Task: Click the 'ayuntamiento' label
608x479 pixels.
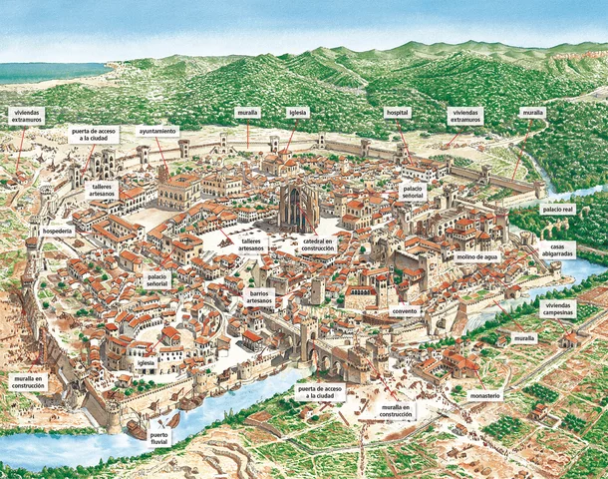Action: pos(158,131)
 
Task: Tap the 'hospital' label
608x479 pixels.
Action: pos(396,113)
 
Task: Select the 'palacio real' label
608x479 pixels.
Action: pos(559,210)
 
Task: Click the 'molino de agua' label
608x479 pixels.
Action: pos(477,256)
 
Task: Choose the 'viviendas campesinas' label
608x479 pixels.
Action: pos(559,308)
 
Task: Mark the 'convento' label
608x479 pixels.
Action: pos(406,311)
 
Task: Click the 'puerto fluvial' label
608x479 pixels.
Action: pos(159,438)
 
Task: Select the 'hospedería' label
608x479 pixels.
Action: pos(57,230)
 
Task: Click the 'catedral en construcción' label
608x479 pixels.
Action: pos(318,244)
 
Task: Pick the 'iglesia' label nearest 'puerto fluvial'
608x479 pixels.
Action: pos(146,365)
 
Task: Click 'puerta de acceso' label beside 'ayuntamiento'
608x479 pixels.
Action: pos(94,133)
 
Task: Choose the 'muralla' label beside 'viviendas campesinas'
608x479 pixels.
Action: pos(524,339)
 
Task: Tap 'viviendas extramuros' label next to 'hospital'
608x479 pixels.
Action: pos(465,117)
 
